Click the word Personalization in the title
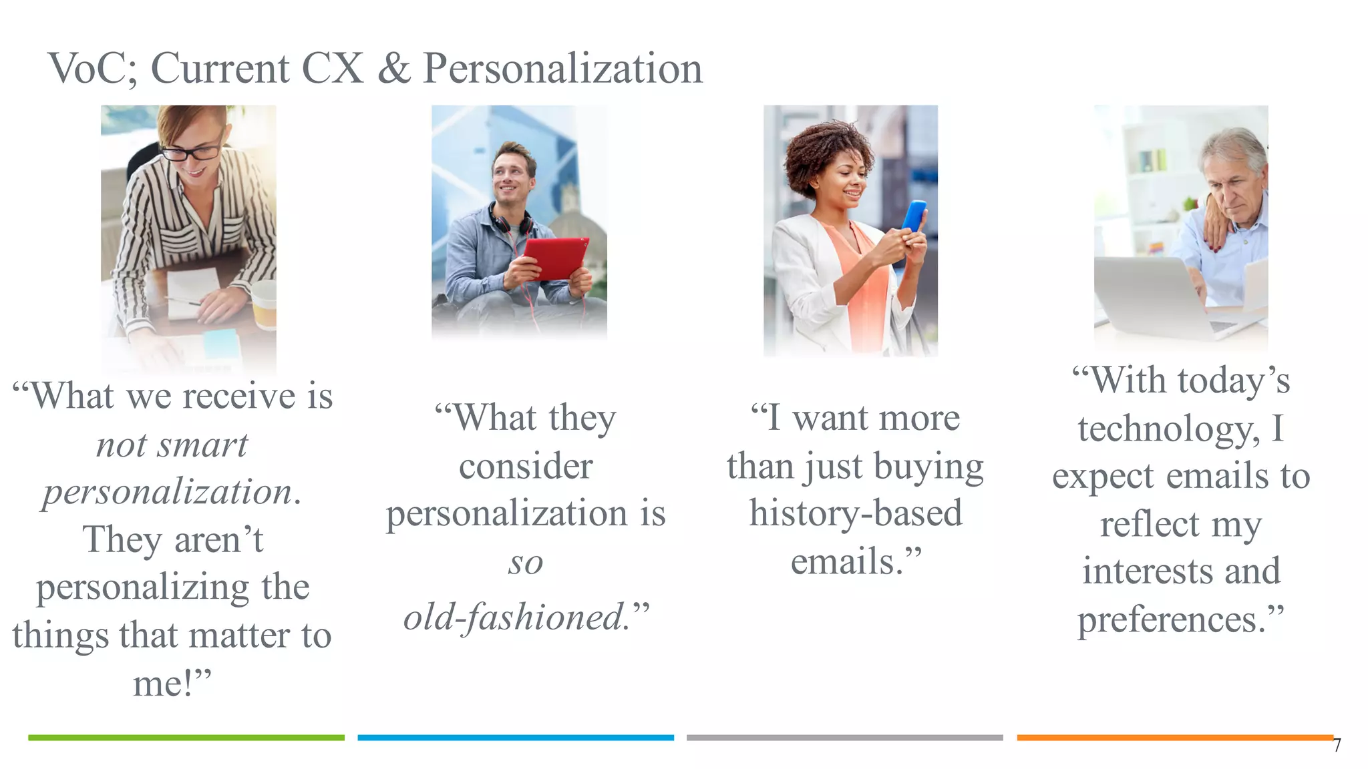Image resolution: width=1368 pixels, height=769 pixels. tap(562, 68)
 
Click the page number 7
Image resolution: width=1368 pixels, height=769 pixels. tap(1337, 746)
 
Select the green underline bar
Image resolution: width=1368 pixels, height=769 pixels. tap(186, 738)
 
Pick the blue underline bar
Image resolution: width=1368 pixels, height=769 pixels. tap(516, 738)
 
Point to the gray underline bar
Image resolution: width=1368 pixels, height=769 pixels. tap(844, 738)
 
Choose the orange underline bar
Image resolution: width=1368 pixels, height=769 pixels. tap(1174, 738)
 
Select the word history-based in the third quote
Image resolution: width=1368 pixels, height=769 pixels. tap(856, 513)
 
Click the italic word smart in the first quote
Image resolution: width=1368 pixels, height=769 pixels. tap(202, 445)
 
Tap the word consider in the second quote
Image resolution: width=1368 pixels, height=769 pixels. tap(526, 466)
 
